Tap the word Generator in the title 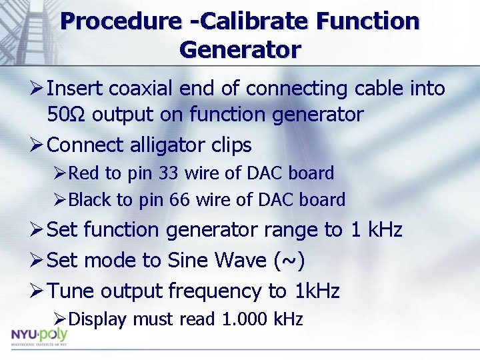(240, 50)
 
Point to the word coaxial (141, 88)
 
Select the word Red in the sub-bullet (83, 173)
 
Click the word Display (97, 319)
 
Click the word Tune (71, 291)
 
